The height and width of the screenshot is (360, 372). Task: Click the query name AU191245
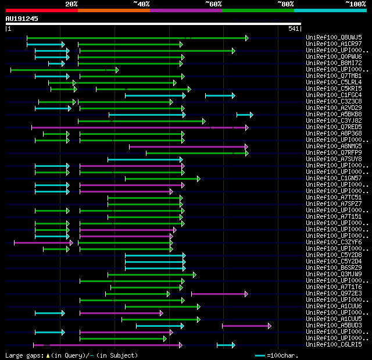(x=22, y=19)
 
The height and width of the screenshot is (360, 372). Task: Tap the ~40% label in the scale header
(x=141, y=4)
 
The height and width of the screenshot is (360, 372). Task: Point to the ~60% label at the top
(x=213, y=4)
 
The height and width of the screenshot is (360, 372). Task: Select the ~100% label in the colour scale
(x=356, y=4)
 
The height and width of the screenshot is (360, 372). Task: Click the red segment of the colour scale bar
(x=41, y=10)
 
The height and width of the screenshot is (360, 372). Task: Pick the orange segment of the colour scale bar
(x=113, y=10)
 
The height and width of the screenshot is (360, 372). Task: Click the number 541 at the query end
(x=293, y=28)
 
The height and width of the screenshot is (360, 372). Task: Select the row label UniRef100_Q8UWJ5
(x=334, y=38)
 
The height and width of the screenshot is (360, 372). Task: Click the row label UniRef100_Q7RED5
(x=334, y=127)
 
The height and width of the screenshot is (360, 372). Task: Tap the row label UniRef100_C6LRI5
(x=334, y=345)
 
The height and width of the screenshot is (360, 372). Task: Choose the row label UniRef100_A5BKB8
(x=334, y=115)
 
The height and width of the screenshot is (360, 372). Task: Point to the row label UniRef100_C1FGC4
(x=334, y=95)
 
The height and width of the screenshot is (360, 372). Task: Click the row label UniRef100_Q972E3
(x=334, y=294)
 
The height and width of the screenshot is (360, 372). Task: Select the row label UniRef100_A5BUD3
(x=334, y=326)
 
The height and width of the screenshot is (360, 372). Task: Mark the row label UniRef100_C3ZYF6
(x=334, y=243)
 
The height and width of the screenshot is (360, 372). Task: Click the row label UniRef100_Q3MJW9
(x=334, y=275)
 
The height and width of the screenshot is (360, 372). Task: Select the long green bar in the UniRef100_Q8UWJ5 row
(x=137, y=38)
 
